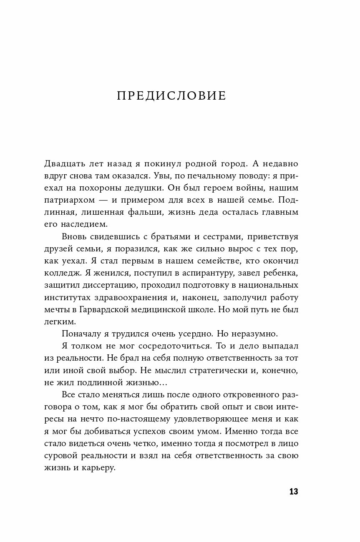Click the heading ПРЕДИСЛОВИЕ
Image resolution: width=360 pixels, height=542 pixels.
point(171,96)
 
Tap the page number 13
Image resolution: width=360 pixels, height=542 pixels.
point(293,492)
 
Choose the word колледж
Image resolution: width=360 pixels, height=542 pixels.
point(60,274)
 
